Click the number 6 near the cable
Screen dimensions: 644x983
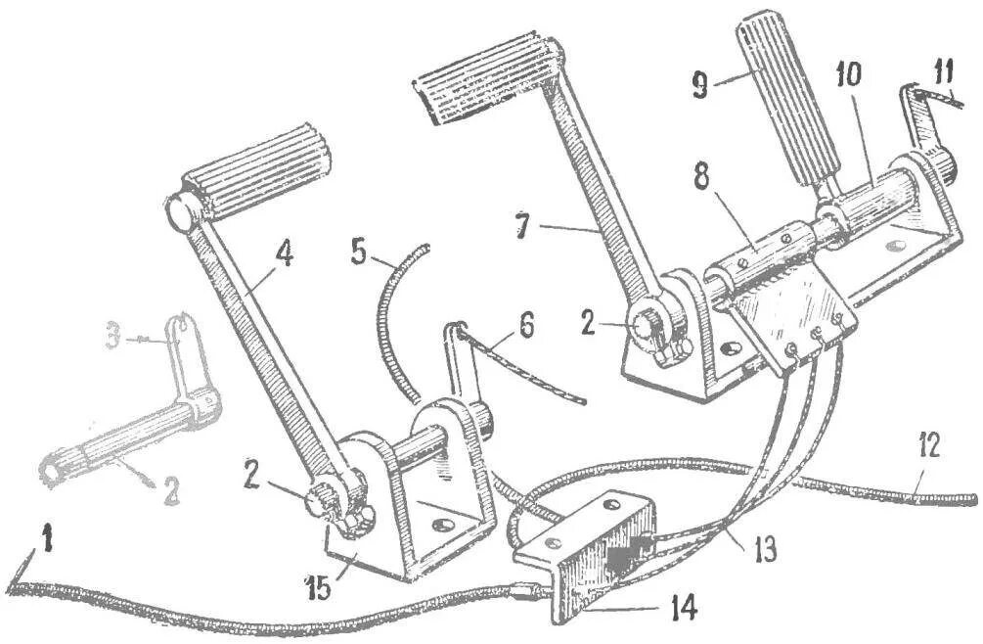(527, 327)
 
